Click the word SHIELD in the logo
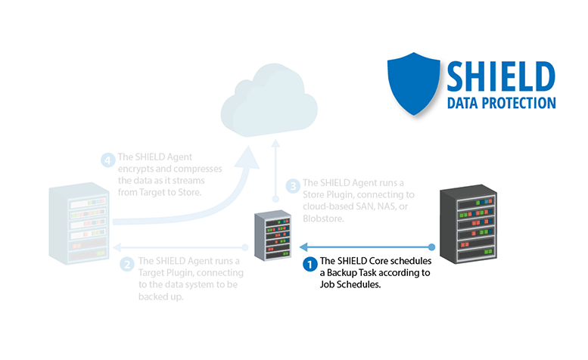pyautogui.click(x=499, y=77)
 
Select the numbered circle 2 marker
pyautogui.click(x=127, y=265)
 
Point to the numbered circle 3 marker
pyautogui.click(x=292, y=185)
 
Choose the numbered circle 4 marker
pyautogui.click(x=107, y=160)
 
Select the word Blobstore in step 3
pyautogui.click(x=324, y=219)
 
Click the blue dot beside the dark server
pyautogui.click(x=432, y=247)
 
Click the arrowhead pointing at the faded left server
pyautogui.click(x=117, y=247)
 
